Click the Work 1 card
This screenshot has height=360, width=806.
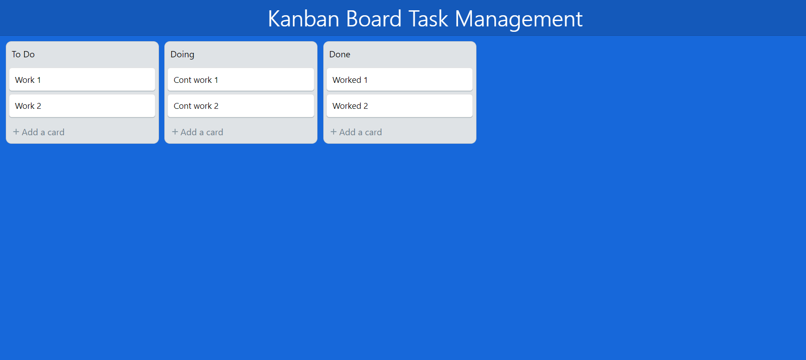point(82,80)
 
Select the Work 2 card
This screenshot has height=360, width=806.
point(82,106)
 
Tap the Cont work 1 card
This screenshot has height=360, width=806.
point(240,80)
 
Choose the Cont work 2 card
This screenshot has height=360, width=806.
point(240,106)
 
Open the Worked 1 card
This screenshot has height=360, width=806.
point(399,80)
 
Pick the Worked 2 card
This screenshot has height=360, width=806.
point(399,106)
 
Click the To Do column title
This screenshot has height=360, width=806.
point(23,54)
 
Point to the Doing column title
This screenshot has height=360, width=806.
point(182,55)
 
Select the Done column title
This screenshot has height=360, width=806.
point(340,54)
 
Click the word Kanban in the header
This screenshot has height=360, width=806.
point(303,19)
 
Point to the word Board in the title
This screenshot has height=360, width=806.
point(373,19)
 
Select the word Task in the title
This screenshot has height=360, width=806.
point(428,19)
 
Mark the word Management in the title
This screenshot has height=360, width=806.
point(519,19)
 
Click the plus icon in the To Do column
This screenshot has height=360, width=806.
point(16,132)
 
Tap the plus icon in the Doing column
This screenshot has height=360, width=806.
point(175,132)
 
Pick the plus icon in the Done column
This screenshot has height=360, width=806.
point(334,132)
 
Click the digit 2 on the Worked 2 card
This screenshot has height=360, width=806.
point(366,106)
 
